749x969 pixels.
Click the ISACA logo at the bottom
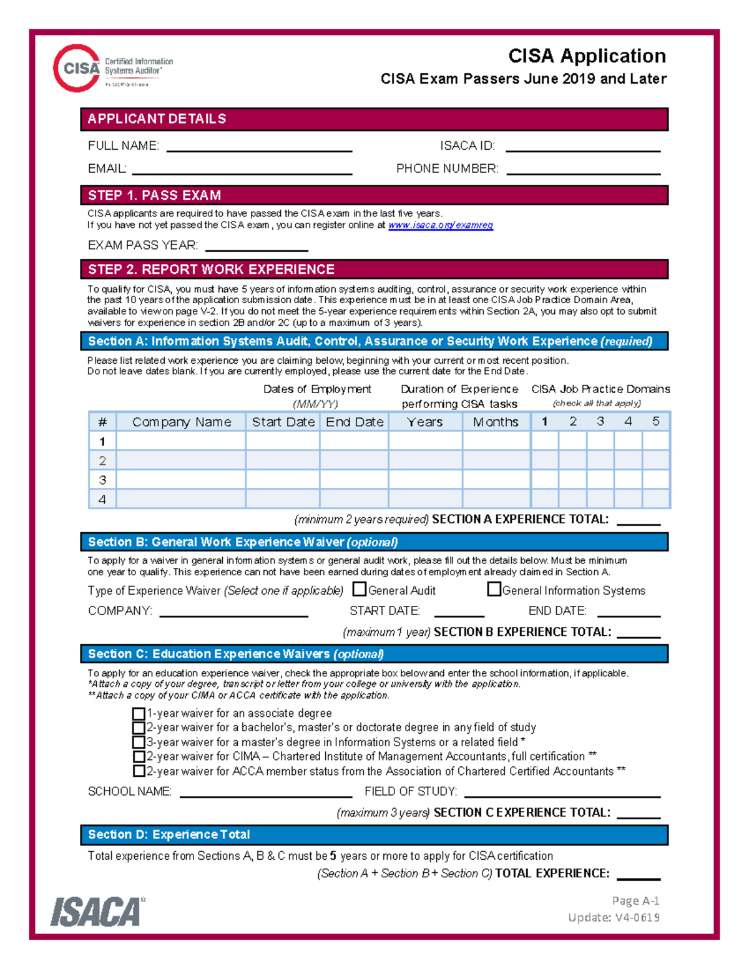[x=97, y=912]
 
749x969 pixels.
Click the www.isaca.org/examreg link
[x=440, y=225]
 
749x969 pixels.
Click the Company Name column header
[x=181, y=422]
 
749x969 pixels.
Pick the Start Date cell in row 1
[x=283, y=441]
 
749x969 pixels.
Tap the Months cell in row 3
[x=496, y=480]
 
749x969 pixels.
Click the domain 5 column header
[x=655, y=422]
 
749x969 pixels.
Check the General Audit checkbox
[x=360, y=589]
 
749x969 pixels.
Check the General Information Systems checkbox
[x=494, y=589]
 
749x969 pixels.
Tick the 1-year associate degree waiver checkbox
[x=139, y=713]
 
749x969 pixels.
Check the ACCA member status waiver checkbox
[x=139, y=771]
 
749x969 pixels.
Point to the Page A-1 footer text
[x=635, y=900]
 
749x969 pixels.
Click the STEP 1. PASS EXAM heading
[x=154, y=195]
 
